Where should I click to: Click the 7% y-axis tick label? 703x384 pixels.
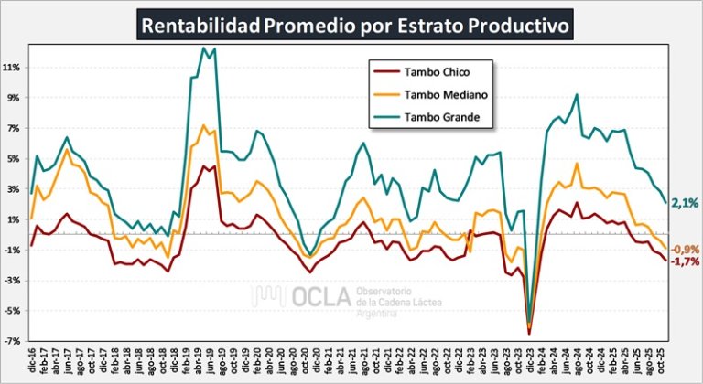(x=13, y=128)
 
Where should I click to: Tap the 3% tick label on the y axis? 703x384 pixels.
(x=13, y=189)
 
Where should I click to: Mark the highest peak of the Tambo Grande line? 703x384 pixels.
(x=203, y=48)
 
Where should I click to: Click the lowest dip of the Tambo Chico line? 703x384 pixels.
(x=529, y=334)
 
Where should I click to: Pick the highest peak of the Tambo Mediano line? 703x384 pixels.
(x=203, y=125)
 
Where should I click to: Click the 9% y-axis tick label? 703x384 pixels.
(x=13, y=98)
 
